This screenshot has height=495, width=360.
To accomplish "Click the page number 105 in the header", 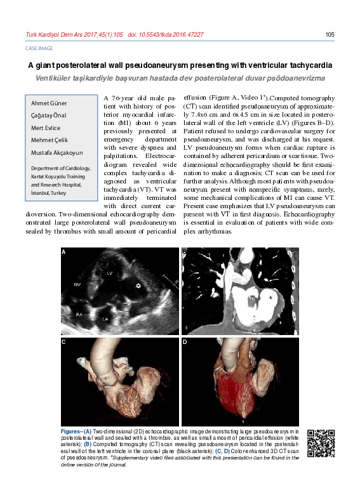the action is [329, 34].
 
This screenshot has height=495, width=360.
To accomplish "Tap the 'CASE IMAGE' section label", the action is [38, 48].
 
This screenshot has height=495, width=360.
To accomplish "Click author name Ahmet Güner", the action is [49, 103].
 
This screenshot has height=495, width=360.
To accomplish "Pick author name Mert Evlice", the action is [46, 128].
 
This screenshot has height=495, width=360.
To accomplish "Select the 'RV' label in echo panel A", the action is [77, 284].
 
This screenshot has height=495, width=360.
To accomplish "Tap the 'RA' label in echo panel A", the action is [79, 313].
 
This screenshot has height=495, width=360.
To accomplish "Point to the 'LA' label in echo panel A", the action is [105, 319].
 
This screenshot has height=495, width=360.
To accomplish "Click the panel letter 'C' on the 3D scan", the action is [64, 342].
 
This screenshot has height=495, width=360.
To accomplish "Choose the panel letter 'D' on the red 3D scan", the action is [185, 342].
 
